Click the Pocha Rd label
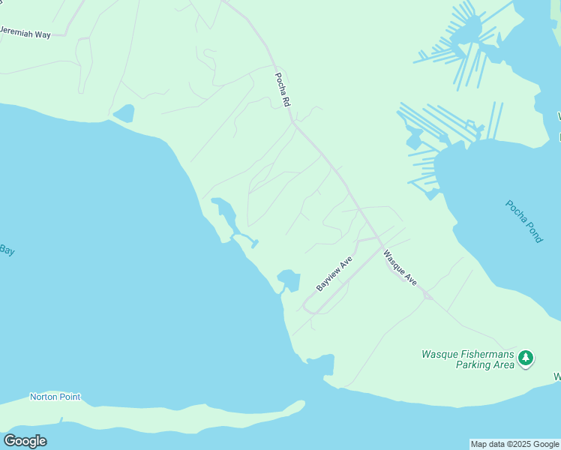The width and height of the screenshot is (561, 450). click(x=282, y=89)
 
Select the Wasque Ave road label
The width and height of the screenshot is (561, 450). click(x=400, y=267)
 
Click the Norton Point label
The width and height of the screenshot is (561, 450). click(x=55, y=397)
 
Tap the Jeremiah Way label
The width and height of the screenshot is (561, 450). click(x=25, y=33)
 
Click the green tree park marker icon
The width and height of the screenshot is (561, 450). click(x=526, y=358)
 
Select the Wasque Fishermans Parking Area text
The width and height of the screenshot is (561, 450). click(x=468, y=359)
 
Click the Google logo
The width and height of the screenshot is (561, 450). click(x=25, y=441)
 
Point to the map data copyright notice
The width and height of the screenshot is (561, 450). click(x=514, y=444)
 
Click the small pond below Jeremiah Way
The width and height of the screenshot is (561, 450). click(x=124, y=113)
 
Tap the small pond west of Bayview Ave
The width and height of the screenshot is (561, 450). click(x=289, y=280)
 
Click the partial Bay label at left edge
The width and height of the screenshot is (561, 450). click(x=7, y=250)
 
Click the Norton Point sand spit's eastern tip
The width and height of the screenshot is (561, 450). click(x=302, y=405)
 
